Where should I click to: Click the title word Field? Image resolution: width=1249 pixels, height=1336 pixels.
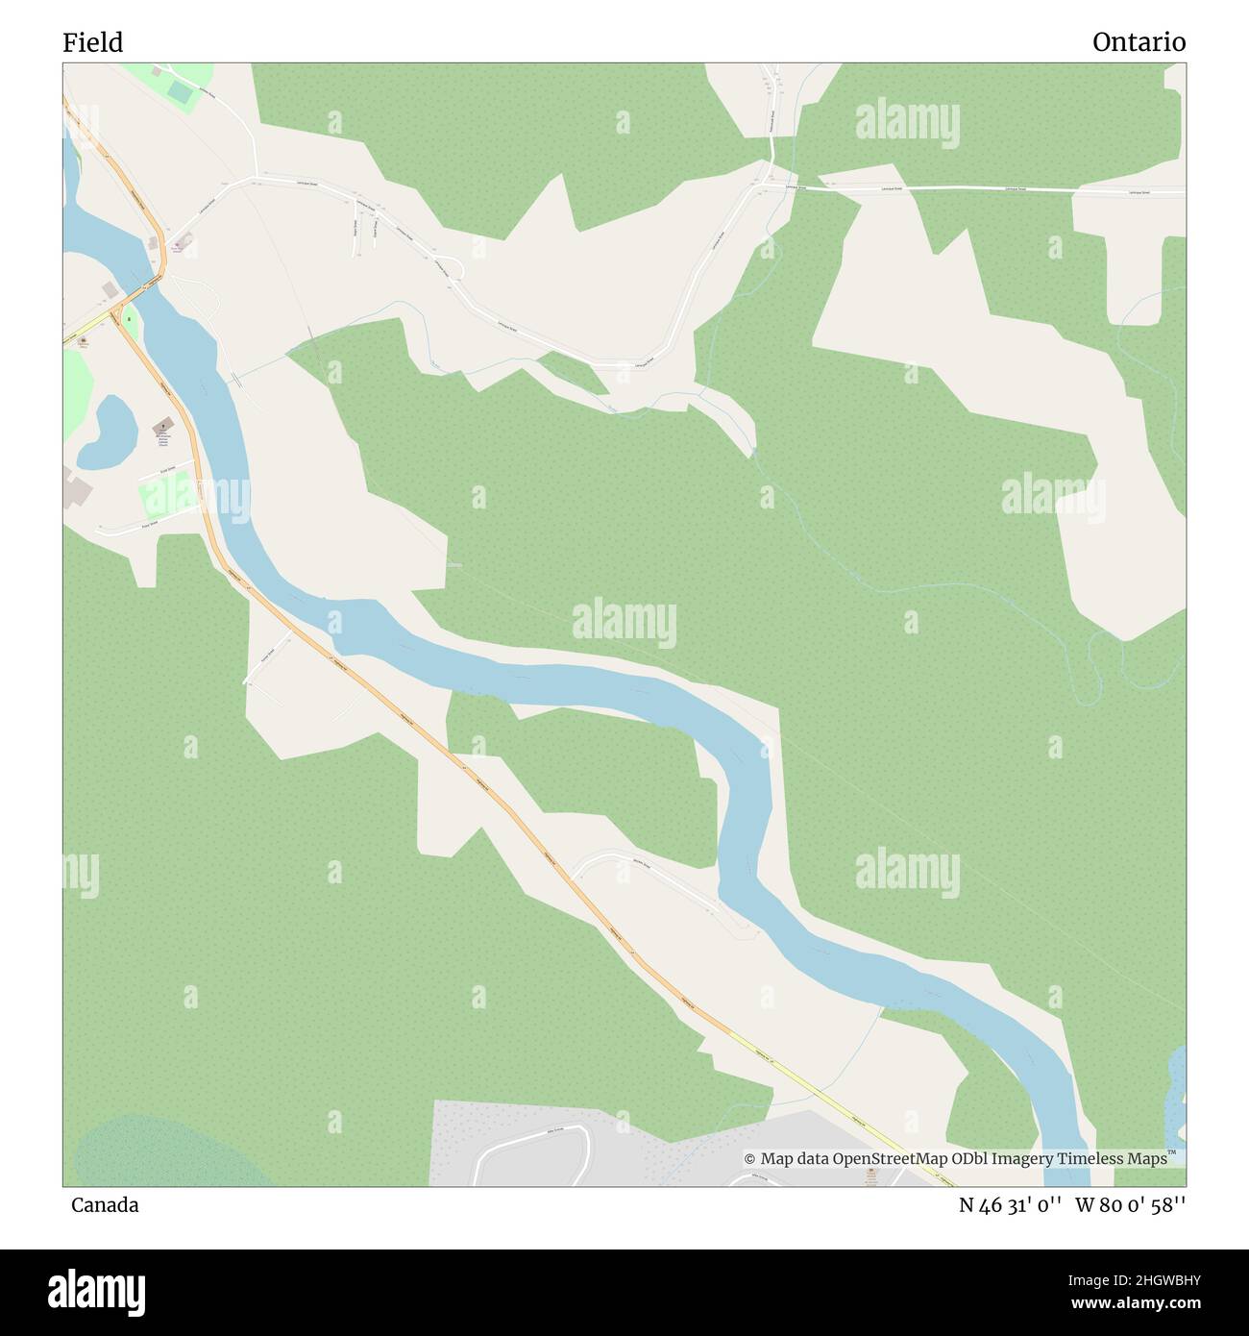click(93, 42)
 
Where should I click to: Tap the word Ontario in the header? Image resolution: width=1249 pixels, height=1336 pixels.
click(1139, 42)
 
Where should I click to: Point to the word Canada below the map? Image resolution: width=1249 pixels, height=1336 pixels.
click(105, 1205)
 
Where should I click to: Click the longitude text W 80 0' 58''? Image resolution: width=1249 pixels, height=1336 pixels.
click(1131, 1205)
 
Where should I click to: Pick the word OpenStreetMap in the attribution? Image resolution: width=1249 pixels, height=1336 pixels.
click(891, 1159)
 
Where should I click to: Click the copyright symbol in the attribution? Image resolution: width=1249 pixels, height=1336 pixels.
click(749, 1159)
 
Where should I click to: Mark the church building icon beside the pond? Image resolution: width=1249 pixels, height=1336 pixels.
click(161, 425)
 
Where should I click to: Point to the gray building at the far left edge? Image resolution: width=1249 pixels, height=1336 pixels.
click(74, 488)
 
